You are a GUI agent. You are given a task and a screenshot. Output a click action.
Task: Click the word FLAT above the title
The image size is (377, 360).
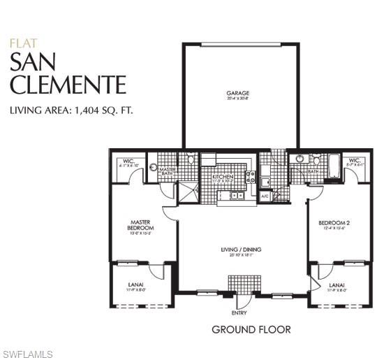tap(19, 43)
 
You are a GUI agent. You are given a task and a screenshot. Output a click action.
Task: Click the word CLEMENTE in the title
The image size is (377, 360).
tap(68, 85)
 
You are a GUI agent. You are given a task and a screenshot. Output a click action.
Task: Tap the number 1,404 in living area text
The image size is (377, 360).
tap(88, 110)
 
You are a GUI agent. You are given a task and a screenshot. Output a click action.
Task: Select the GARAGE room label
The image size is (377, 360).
tap(237, 93)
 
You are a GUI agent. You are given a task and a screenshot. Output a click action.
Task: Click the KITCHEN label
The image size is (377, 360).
tap(223, 177)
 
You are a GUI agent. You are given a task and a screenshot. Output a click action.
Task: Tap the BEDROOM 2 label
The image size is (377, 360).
tap(333, 223)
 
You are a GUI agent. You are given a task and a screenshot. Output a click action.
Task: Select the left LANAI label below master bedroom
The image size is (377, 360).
tap(137, 285)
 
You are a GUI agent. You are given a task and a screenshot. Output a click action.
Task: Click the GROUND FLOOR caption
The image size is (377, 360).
tap(251, 329)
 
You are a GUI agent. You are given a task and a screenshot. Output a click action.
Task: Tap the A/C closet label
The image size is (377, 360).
tap(265, 196)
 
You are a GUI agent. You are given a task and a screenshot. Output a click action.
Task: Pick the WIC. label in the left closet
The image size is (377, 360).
tap(128, 161)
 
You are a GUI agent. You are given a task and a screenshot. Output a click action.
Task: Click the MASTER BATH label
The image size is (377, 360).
tap(168, 171)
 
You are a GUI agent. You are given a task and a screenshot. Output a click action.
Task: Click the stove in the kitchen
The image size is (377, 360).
tap(251, 176)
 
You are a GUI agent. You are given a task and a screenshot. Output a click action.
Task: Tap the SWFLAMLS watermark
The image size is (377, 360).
tap(27, 353)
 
